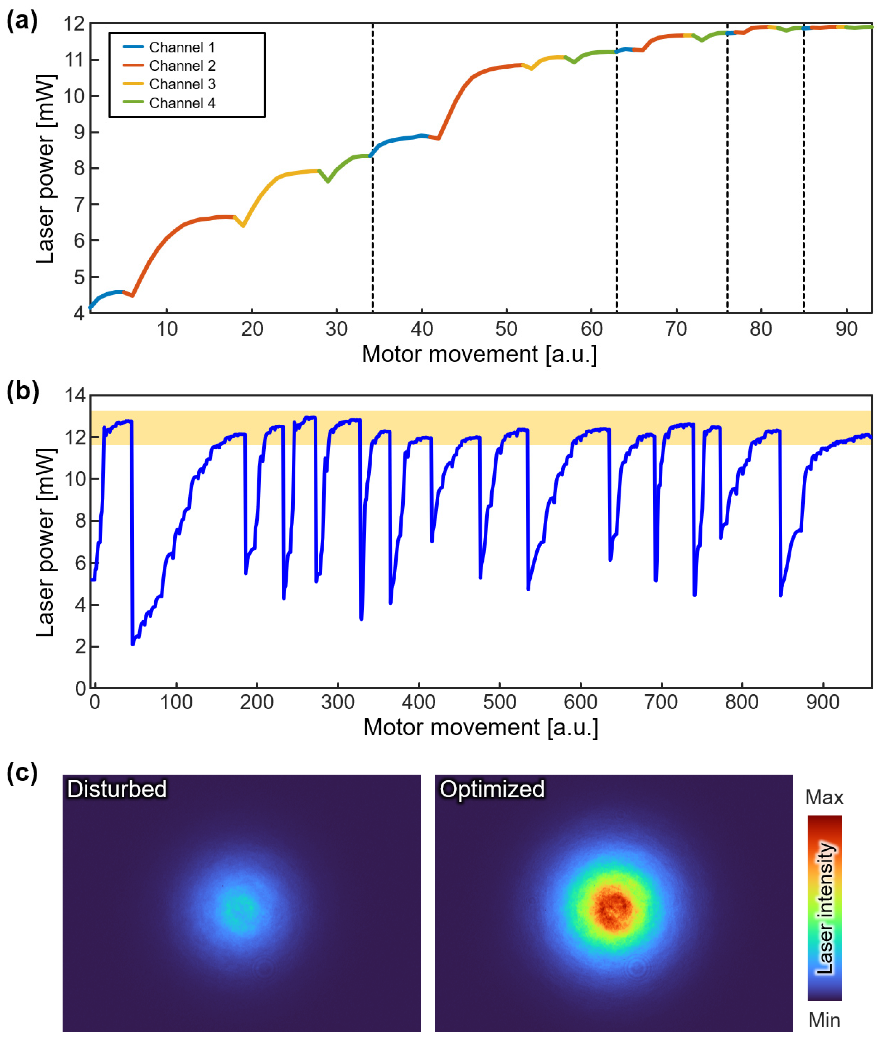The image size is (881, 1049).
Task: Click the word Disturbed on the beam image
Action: [117, 789]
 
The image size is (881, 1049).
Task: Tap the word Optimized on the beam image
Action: [492, 789]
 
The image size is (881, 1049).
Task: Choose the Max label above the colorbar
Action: [824, 797]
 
